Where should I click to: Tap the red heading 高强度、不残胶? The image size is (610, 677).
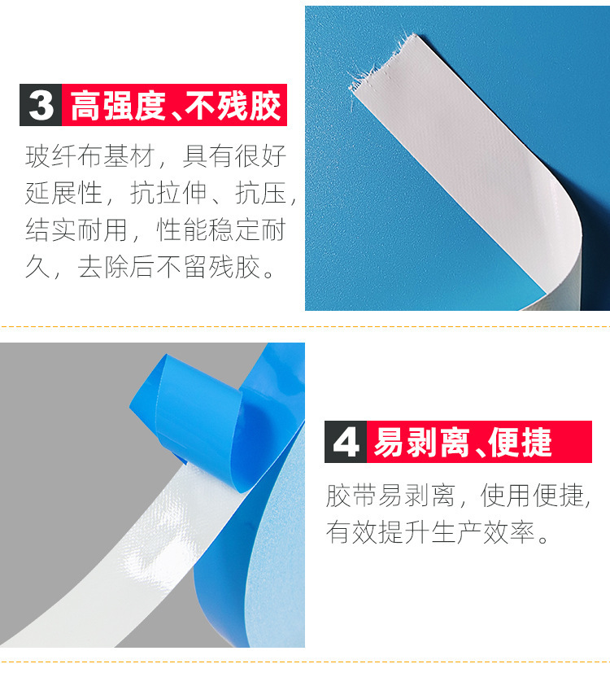point(176,106)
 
